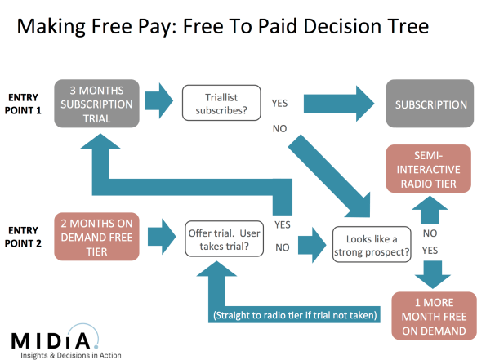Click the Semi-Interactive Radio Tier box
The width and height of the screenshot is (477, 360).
428,168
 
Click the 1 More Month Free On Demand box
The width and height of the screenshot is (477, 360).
433,314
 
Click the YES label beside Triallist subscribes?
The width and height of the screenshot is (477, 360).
279,104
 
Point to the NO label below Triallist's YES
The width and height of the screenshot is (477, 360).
279,129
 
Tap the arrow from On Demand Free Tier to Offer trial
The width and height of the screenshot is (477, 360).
158,238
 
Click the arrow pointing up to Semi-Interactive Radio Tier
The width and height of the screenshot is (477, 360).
429,211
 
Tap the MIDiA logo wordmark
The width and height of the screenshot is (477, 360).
55,338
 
